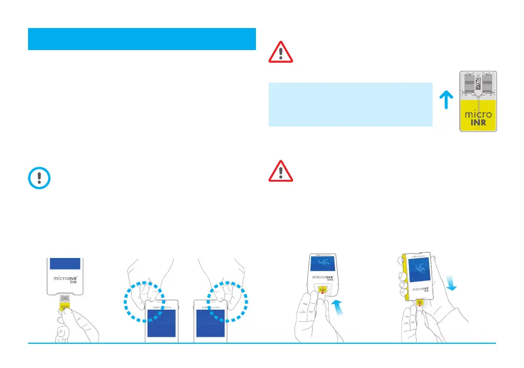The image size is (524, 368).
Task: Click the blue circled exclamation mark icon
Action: [x=39, y=179]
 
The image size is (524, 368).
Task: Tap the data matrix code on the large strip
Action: [x=478, y=83]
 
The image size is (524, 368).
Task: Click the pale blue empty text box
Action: [x=350, y=105]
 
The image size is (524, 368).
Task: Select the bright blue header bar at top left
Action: [x=142, y=39]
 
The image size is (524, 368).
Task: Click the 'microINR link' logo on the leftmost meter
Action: [x=67, y=279]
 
